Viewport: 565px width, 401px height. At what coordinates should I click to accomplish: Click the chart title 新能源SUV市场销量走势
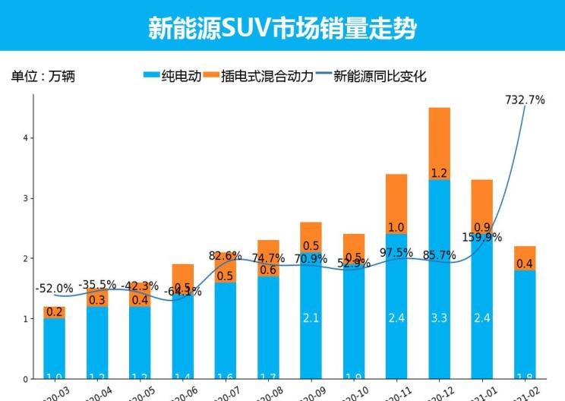(282, 27)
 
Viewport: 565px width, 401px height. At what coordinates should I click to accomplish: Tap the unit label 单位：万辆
(43, 76)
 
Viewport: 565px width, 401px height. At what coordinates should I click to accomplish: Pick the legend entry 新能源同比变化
(370, 76)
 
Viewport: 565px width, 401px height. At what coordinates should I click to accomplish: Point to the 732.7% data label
(525, 99)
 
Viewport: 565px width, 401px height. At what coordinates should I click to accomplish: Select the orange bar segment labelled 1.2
(439, 144)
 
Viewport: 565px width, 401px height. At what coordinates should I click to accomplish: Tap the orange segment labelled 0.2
(54, 312)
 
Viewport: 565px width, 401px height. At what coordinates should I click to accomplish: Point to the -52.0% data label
(54, 289)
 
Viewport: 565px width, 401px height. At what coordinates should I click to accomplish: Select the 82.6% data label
(225, 255)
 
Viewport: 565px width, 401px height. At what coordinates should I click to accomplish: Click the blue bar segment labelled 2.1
(310, 317)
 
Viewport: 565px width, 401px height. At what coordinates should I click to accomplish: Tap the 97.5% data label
(396, 252)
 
